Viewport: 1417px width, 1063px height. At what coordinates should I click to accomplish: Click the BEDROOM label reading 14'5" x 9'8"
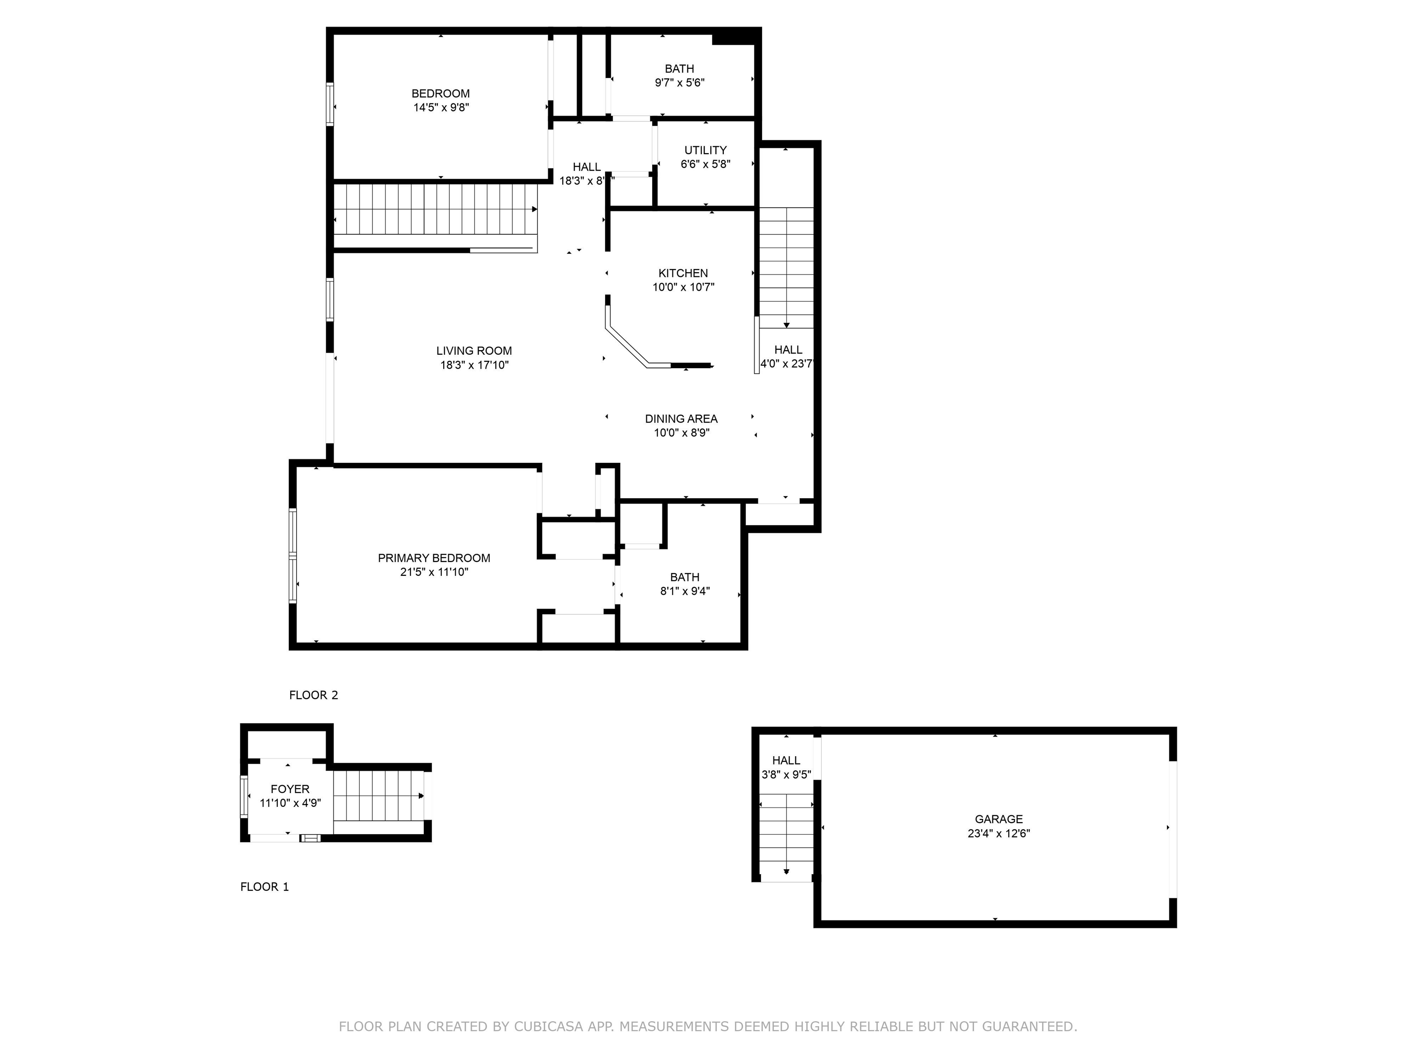pos(440,94)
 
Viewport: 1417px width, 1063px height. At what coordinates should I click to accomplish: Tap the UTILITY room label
pos(705,150)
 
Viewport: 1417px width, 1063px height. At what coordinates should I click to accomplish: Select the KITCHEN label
pos(683,273)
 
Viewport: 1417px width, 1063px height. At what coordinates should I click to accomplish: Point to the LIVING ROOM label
pos(474,351)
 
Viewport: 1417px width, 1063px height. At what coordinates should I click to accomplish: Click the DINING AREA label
pos(681,418)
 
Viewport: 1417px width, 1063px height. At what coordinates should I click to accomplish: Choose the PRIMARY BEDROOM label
pos(434,558)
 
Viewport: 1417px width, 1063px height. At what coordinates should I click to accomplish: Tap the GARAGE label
pos(999,819)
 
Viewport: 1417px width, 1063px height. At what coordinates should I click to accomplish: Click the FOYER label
pos(290,789)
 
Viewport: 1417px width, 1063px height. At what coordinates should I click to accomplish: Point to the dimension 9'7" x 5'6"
pos(679,83)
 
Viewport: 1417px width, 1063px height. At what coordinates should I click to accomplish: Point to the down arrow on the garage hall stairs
pos(786,872)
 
